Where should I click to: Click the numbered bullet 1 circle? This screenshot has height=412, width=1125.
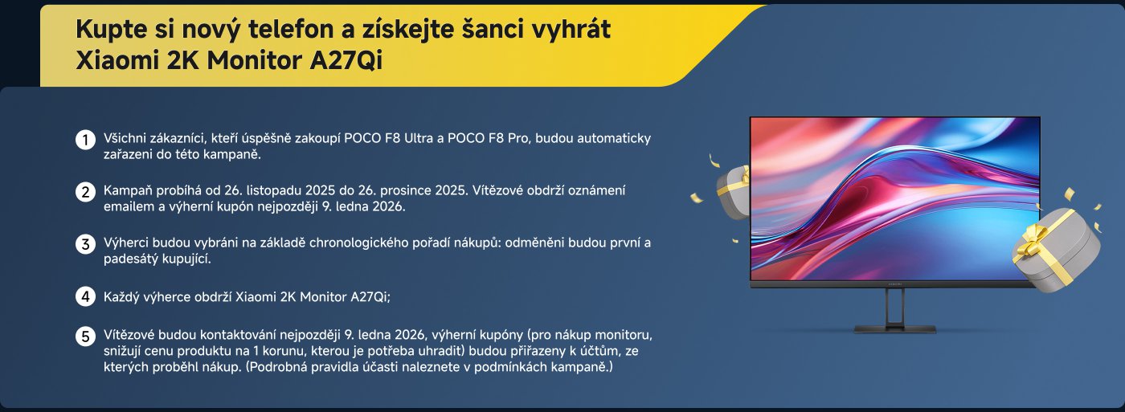click(85, 140)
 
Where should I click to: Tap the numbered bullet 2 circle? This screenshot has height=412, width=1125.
click(85, 192)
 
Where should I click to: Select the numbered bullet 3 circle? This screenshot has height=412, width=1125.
click(85, 244)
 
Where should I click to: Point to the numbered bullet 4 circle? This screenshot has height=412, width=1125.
click(85, 296)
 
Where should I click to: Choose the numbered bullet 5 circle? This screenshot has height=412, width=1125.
click(85, 337)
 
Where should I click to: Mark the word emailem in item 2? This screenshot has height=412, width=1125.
click(129, 206)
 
